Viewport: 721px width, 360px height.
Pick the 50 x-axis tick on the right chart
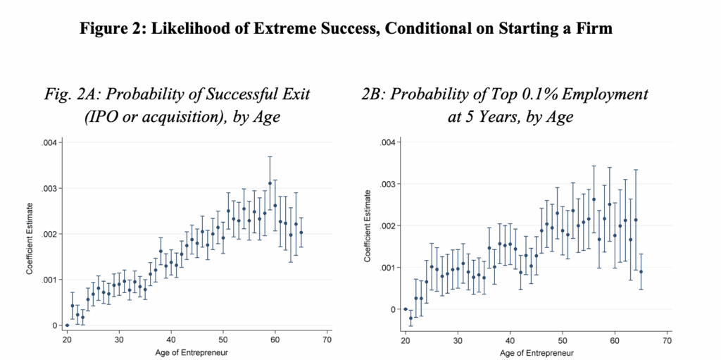click(x=562, y=340)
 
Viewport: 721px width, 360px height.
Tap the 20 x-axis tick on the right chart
click(x=405, y=340)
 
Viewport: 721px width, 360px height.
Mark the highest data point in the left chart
click(x=270, y=183)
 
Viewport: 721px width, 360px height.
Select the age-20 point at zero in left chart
click(x=67, y=325)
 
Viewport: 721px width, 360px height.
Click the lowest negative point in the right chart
click(x=410, y=318)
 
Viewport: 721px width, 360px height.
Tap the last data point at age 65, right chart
click(x=641, y=271)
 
